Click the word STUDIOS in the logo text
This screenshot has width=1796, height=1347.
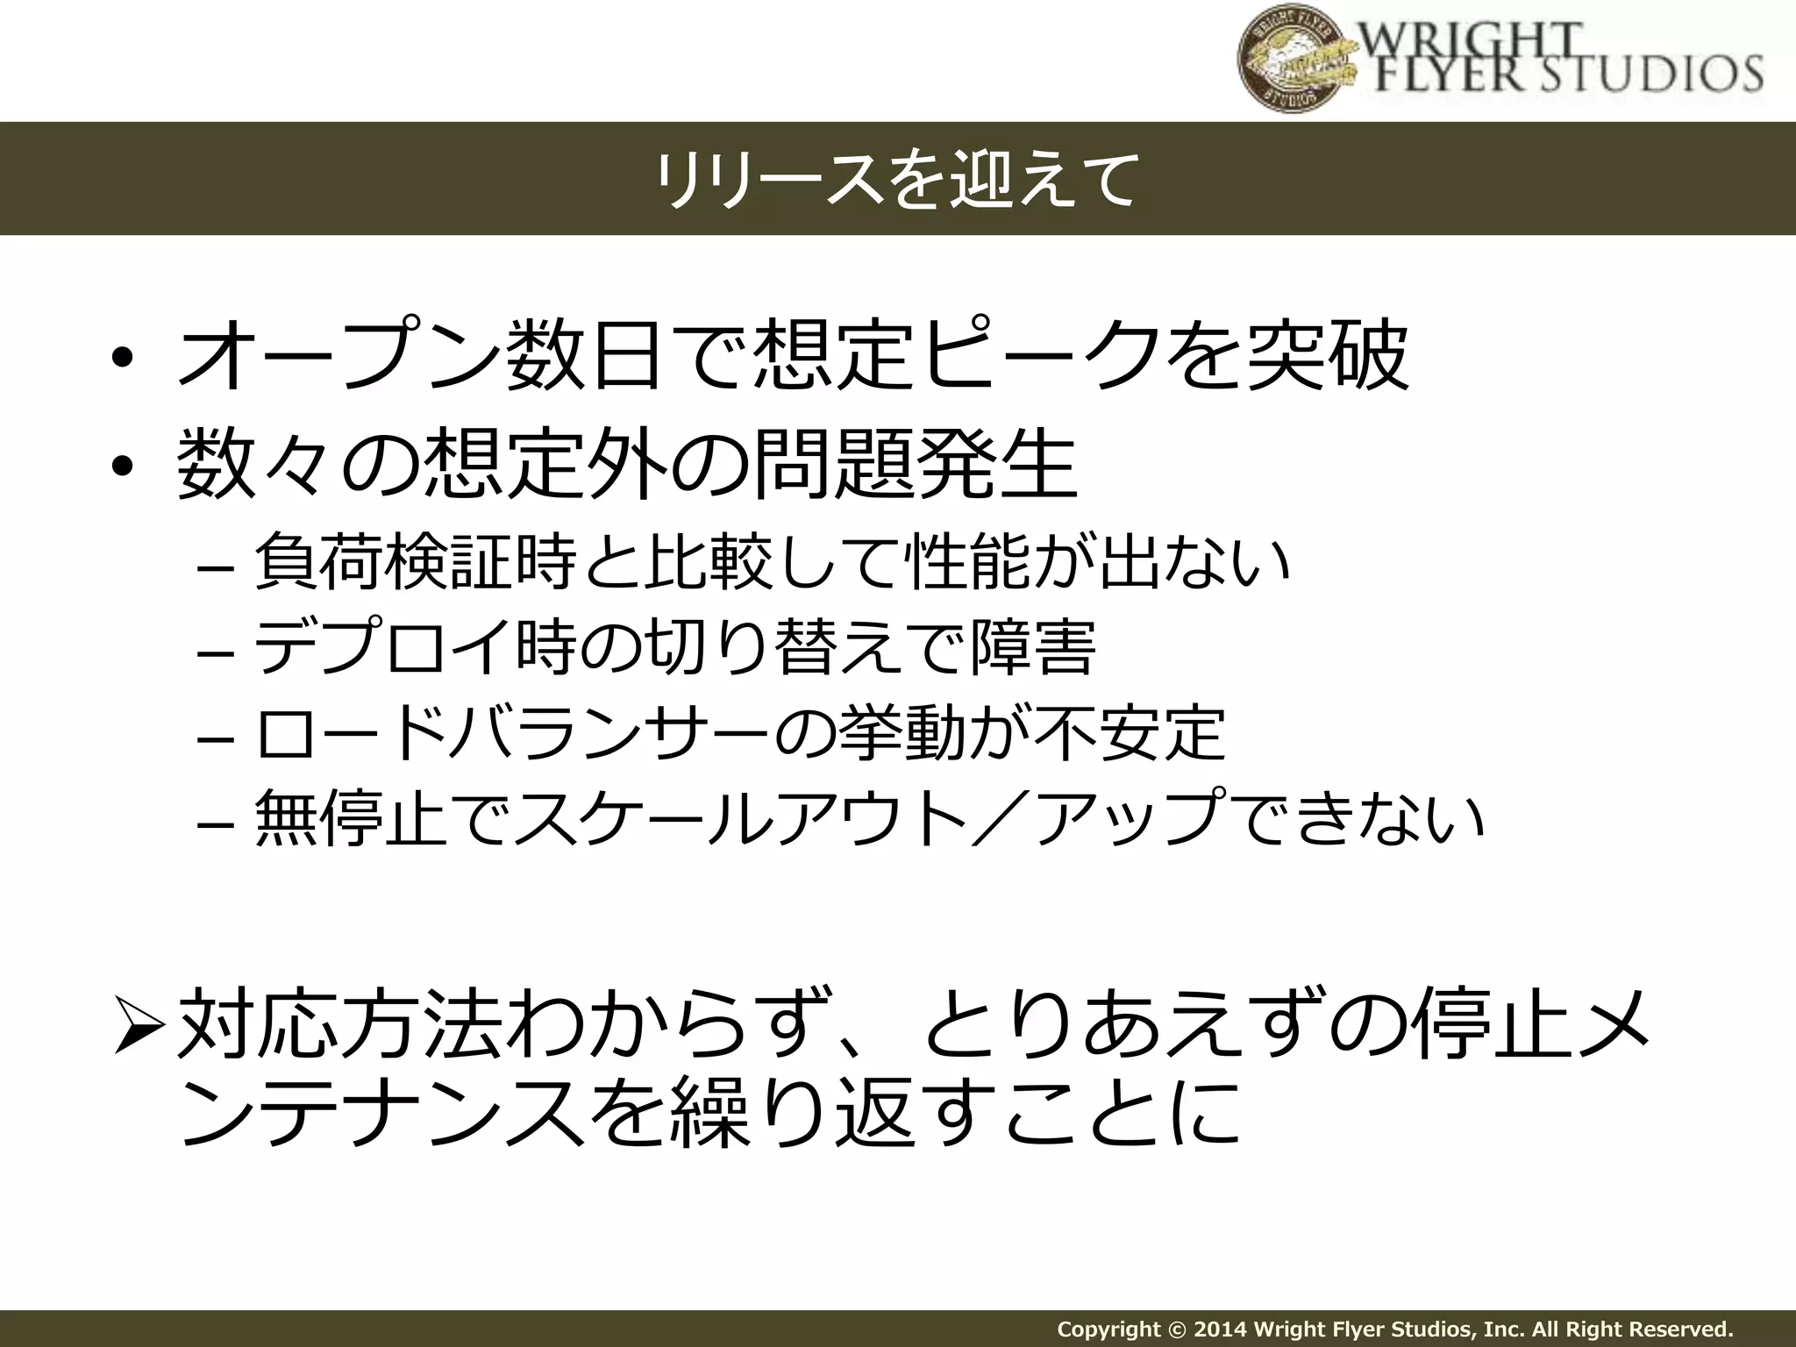1632,74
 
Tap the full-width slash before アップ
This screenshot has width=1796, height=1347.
1003,818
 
